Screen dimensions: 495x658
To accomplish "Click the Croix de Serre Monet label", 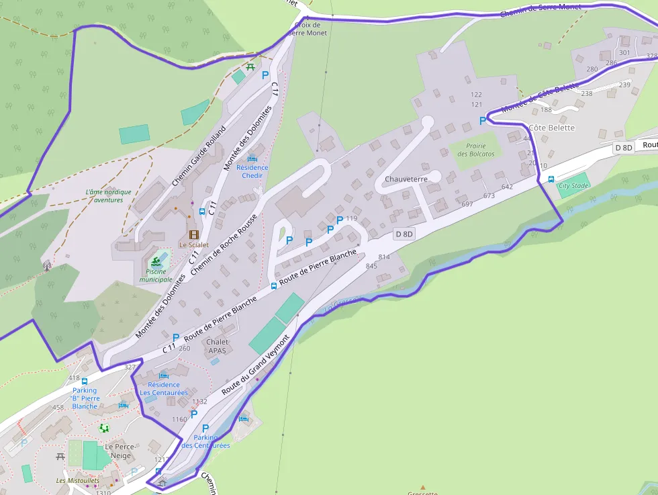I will click(307, 28).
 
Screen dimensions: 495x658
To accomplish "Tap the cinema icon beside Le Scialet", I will click(194, 234).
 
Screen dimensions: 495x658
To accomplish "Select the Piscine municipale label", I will click(156, 275).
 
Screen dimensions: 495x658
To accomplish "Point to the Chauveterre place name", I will click(406, 179).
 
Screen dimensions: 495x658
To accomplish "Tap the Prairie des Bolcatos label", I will click(475, 150).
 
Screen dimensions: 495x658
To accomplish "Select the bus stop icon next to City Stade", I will click(551, 179).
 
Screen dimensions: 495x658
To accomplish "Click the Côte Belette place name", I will click(552, 128).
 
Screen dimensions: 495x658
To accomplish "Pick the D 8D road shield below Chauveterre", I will click(404, 234).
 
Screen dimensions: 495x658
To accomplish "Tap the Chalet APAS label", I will click(218, 346).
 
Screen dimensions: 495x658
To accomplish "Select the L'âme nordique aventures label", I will click(109, 195).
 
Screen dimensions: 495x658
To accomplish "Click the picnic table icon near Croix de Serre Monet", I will click(250, 66).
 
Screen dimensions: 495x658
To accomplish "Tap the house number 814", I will click(384, 257).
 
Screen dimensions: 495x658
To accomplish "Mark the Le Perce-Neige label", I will click(122, 451).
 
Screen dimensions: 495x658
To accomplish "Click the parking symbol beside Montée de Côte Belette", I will click(482, 121).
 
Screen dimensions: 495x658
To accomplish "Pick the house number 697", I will click(467, 204).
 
